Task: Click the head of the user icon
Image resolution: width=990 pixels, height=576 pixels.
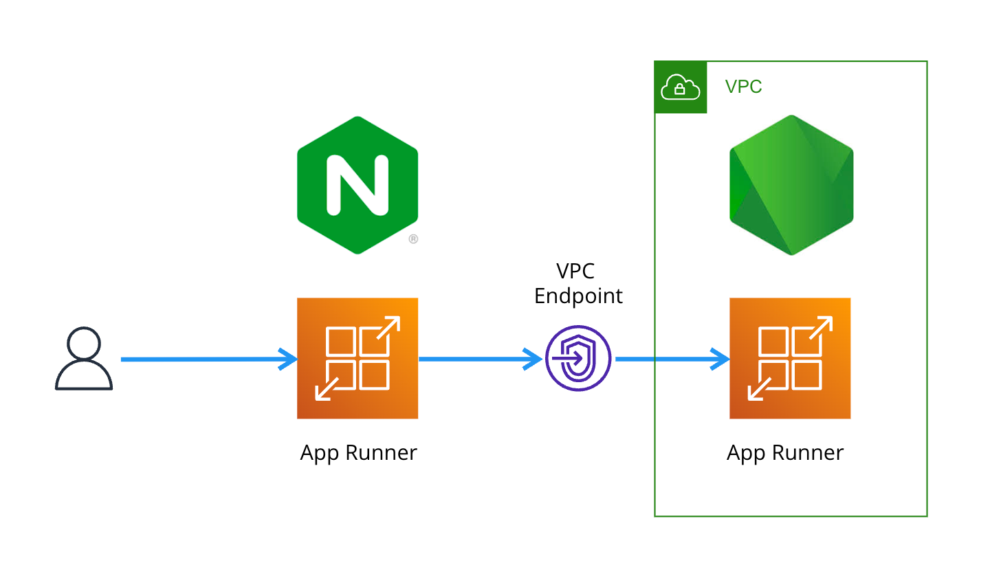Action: [84, 342]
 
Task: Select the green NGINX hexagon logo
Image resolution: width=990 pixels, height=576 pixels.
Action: [357, 185]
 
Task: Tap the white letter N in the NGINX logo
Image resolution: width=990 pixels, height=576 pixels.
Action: [357, 184]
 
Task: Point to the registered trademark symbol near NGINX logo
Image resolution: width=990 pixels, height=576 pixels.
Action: [413, 239]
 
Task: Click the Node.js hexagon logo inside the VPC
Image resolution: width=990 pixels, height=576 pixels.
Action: [791, 185]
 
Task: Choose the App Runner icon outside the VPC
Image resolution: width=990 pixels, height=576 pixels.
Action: [357, 358]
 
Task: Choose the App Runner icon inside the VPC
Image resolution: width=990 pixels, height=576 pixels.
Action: [790, 358]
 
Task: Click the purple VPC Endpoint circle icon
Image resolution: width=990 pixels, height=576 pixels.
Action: [578, 358]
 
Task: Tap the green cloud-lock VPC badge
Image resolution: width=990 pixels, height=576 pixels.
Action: [680, 87]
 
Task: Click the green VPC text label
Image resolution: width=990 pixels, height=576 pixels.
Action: [743, 87]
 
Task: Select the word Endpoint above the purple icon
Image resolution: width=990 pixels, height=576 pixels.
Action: [578, 296]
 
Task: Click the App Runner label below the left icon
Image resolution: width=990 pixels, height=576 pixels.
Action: [358, 453]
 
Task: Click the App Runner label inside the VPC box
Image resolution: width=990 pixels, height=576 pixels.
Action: [785, 453]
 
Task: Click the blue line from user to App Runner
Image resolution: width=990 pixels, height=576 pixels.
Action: [199, 359]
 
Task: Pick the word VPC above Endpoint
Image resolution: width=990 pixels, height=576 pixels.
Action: [575, 272]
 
